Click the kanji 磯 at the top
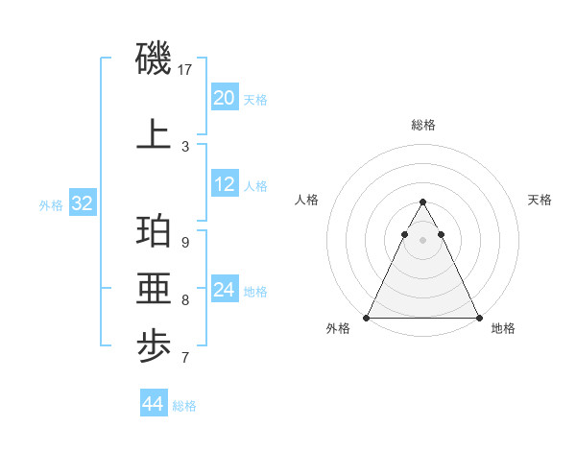(x=154, y=59)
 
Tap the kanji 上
(x=154, y=134)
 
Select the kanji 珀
(x=154, y=234)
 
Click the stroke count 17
(x=186, y=70)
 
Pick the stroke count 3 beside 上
(x=185, y=146)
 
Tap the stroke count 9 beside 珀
(x=185, y=242)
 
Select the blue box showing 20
(x=225, y=98)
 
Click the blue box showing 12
(x=225, y=185)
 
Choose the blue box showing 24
(x=225, y=290)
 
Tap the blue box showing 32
(x=82, y=203)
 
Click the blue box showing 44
(x=154, y=404)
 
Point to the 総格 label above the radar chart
(x=423, y=125)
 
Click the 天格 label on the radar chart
(x=540, y=200)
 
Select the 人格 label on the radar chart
(x=307, y=200)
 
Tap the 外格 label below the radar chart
(x=338, y=328)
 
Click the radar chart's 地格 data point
(x=478, y=318)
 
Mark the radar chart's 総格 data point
(x=422, y=202)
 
